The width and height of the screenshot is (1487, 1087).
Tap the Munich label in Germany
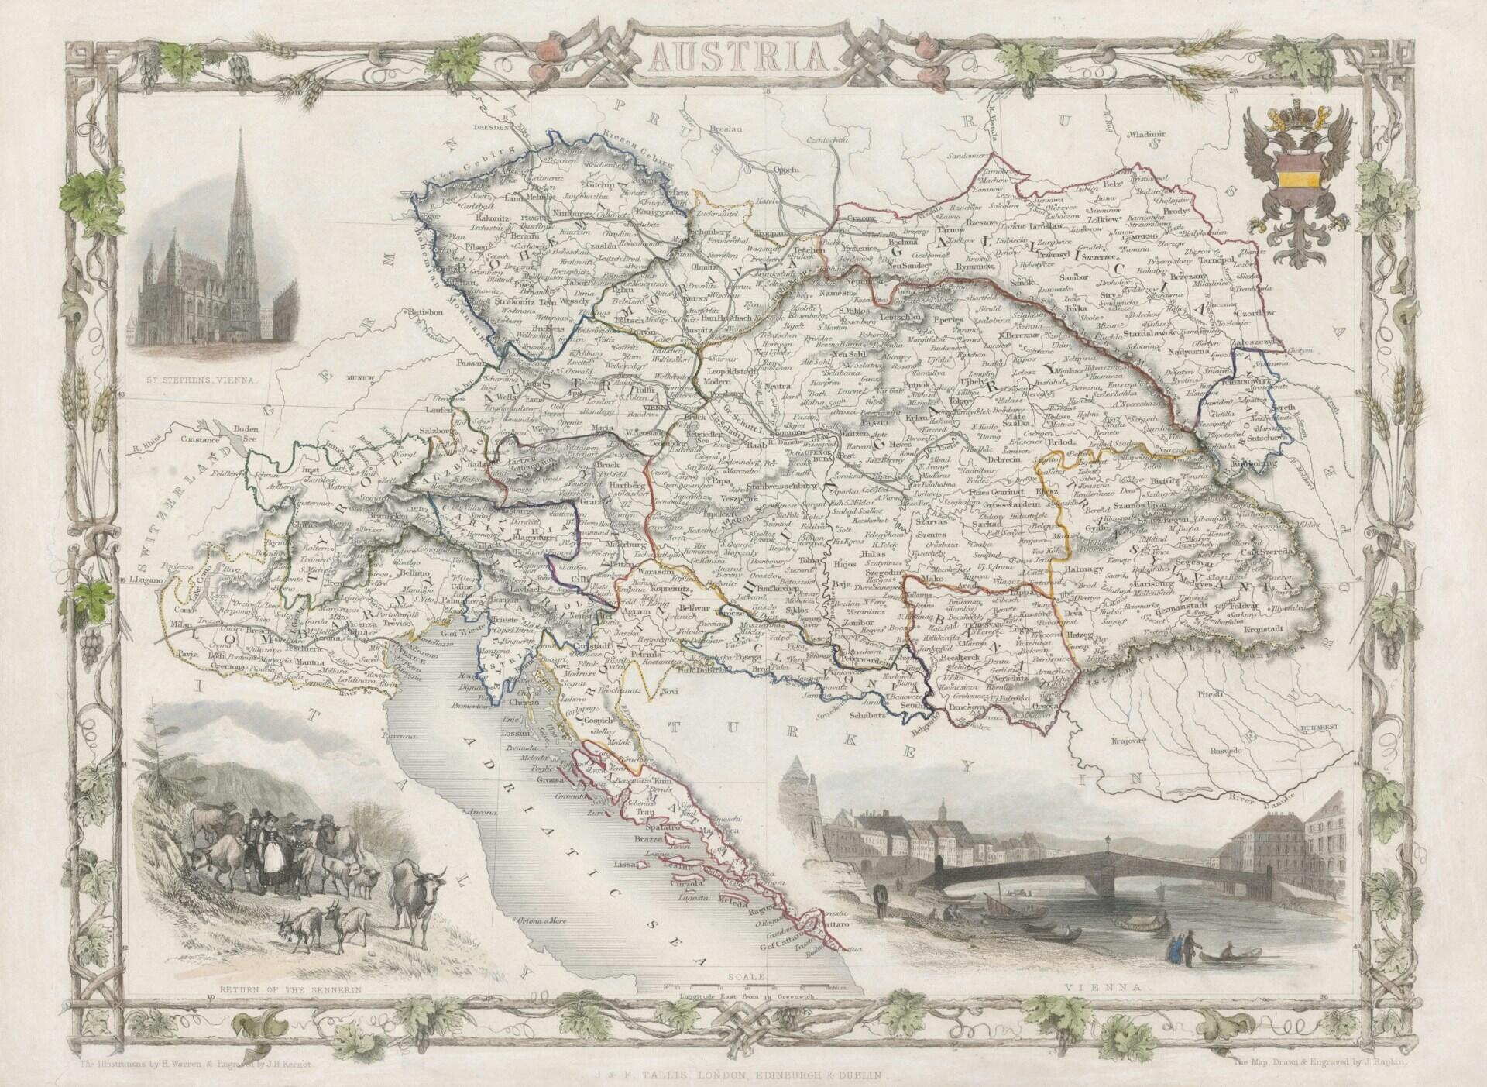pos(362,379)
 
